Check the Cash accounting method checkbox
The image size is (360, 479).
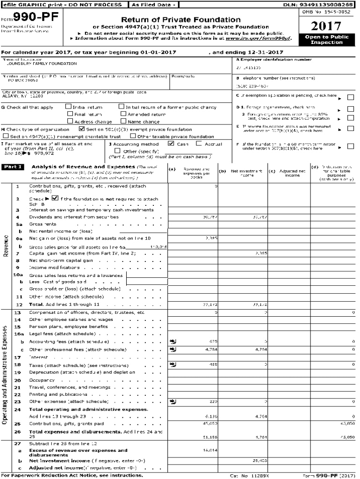coord(171,144)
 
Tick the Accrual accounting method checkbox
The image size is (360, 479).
coord(199,144)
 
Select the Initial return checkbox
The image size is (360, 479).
coord(69,107)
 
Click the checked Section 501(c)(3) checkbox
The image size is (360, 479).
coord(82,129)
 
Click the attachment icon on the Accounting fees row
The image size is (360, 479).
coord(173,341)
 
